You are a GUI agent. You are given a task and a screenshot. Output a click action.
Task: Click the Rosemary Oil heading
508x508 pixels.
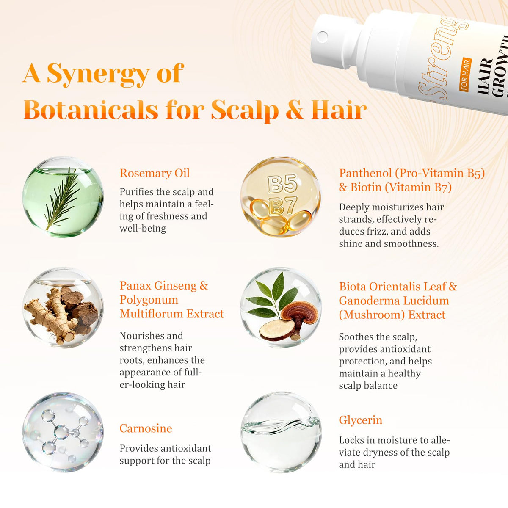click(155, 173)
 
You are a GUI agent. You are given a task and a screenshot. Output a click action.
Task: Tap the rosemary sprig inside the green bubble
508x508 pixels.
click(63, 198)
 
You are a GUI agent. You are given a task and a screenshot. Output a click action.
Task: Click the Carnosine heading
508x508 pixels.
click(146, 428)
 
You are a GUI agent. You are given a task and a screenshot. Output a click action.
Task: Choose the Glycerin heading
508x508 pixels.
click(360, 420)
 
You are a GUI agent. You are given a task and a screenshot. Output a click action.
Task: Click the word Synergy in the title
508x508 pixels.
click(98, 74)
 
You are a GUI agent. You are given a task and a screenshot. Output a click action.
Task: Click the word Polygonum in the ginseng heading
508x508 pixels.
click(149, 300)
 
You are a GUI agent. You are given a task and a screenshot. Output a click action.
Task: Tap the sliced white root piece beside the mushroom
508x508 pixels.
click(277, 329)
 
